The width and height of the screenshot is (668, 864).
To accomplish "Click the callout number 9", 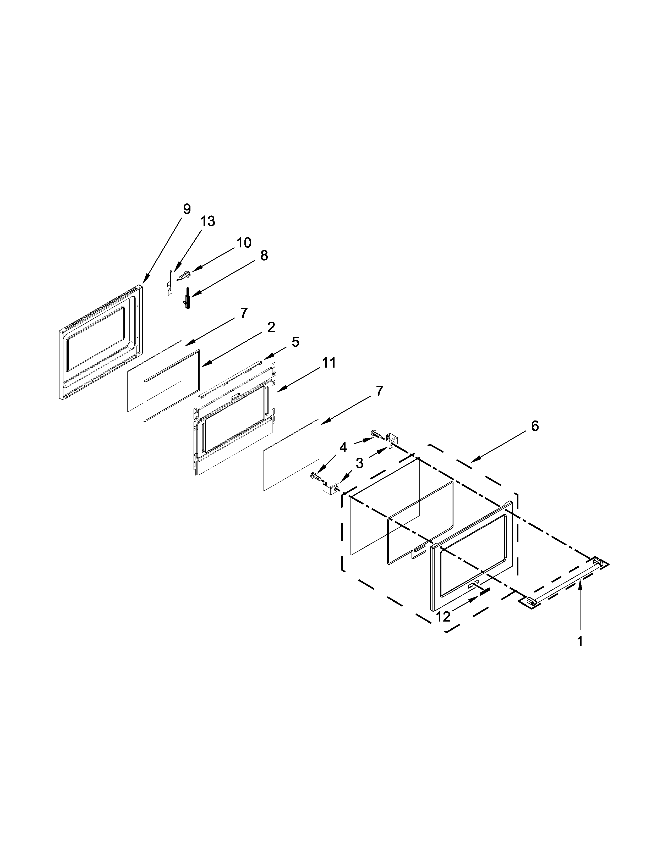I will point(187,209).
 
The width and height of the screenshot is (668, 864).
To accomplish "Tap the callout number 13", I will point(207,221).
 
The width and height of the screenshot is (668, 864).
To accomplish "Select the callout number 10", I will point(244,242).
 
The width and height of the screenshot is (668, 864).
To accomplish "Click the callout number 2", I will point(271,327).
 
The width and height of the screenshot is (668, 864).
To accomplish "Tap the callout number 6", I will point(535,426).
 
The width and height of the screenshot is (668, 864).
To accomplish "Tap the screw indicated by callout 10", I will point(183,275).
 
